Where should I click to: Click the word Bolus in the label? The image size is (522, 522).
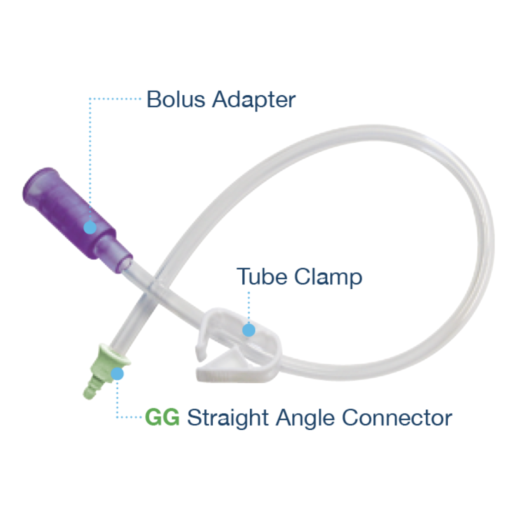tap(176, 99)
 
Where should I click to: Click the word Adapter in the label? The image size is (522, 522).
tap(254, 100)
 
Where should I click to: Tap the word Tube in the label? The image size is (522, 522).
tap(262, 276)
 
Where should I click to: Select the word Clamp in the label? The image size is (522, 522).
tap(328, 278)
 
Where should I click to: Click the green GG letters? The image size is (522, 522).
tap(162, 417)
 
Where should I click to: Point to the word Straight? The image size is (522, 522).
tap(228, 418)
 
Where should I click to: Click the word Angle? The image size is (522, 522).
tap(305, 418)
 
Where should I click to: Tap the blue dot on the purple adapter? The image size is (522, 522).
tap(90, 227)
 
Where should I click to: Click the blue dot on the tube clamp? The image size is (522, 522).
tap(248, 330)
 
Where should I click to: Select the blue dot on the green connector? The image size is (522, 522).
tap(117, 374)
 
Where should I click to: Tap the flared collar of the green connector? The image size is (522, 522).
tap(114, 355)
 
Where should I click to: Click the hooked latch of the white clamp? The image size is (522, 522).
tap(202, 342)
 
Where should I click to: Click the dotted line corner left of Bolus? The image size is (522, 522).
tap(90, 99)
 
